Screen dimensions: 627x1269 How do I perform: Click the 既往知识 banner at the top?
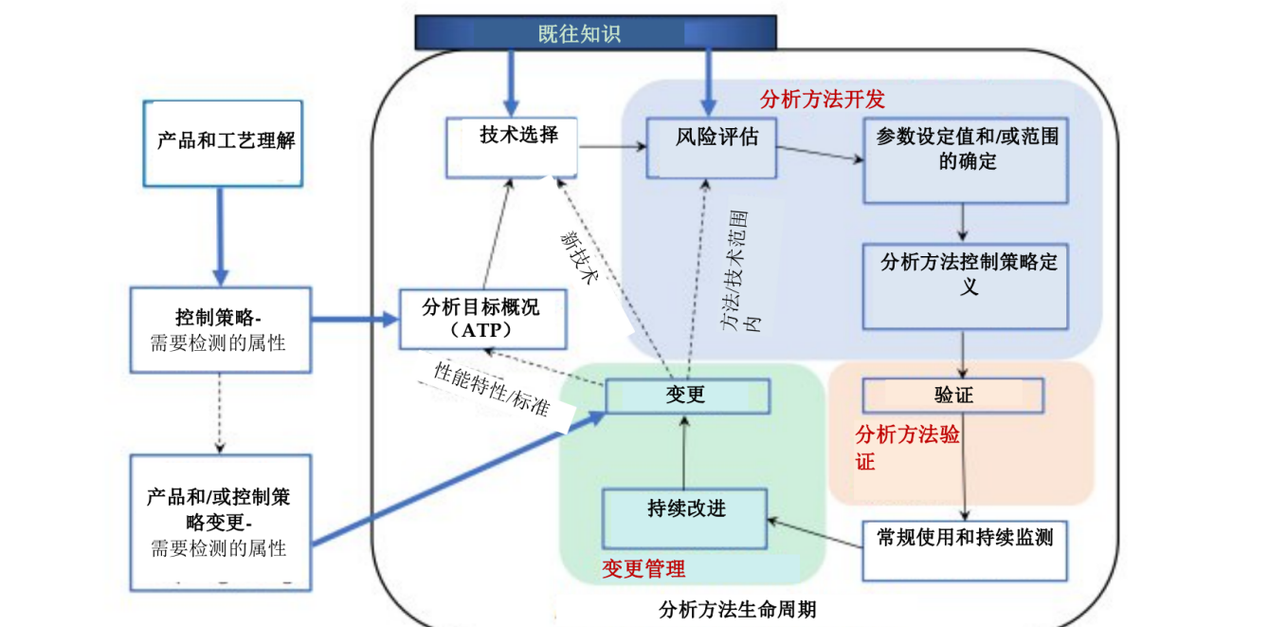596,33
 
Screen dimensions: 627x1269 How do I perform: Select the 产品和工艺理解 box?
223,143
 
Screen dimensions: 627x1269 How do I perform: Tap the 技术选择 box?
512,148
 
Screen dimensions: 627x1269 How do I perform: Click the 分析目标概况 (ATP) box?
482,319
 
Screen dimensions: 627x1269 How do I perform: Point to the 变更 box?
686,396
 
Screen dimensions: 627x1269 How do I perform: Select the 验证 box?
953,396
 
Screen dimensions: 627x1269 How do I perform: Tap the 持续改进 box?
685,518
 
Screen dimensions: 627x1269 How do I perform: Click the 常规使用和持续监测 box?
965,550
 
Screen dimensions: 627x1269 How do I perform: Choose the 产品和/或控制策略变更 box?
219,522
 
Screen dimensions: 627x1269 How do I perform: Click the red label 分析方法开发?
823,100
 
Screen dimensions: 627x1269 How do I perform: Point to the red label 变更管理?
644,569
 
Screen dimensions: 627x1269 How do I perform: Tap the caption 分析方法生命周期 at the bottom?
736,609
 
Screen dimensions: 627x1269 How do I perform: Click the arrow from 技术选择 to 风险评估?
612,147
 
